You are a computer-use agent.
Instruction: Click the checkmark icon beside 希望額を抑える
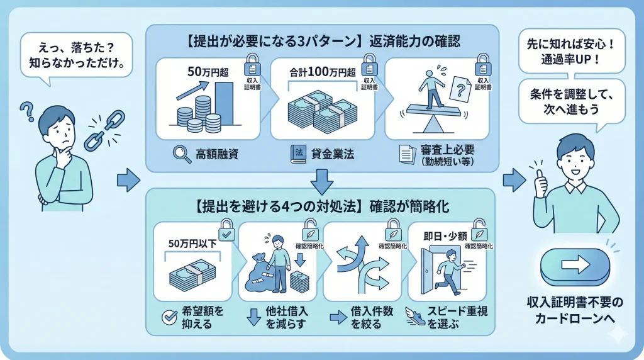(x=169, y=316)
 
